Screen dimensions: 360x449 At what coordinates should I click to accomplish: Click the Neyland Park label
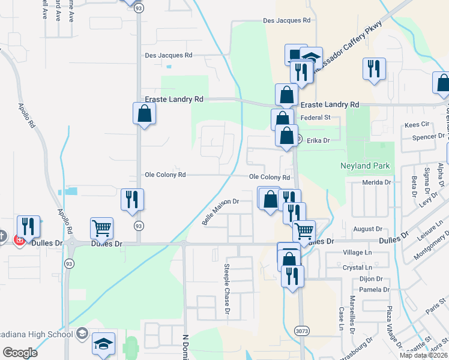(x=365, y=166)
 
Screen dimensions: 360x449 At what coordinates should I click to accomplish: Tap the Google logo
(x=20, y=353)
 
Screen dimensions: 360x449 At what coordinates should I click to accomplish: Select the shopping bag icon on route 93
(x=144, y=113)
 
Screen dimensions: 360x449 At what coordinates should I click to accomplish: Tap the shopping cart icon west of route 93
(x=101, y=228)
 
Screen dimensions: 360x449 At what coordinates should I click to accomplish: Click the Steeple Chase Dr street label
(x=227, y=289)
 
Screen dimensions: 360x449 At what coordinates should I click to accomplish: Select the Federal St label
(x=316, y=118)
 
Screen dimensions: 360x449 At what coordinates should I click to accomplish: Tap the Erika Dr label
(x=318, y=140)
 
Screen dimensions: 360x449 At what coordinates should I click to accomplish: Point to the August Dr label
(x=368, y=229)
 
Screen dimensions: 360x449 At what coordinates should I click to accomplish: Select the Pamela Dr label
(x=375, y=290)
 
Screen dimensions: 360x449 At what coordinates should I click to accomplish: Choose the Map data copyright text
(x=424, y=355)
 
